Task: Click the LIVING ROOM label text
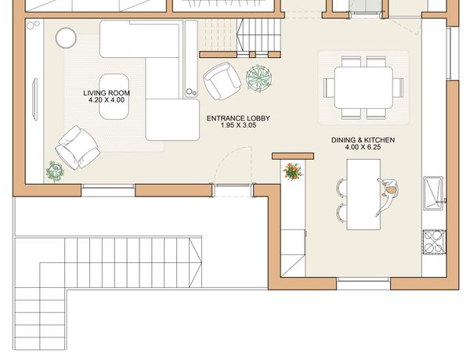pos(107,93)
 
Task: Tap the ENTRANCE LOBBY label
pos(238,118)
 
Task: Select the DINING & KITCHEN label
pos(363,140)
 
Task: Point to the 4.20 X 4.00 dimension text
pos(107,100)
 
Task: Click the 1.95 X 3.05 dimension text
pos(238,125)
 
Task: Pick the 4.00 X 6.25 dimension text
pos(363,147)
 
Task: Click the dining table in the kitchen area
pos(363,88)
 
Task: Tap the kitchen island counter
pos(363,194)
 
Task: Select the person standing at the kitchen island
pos(388,196)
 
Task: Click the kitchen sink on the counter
pos(433,193)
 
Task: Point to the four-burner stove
pos(434,242)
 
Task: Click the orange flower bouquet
pos(293,171)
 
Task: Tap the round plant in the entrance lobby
pos(259,77)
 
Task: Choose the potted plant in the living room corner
pos(55,171)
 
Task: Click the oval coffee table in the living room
pos(114,97)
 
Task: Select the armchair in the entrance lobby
pos(222,81)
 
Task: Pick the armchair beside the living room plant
pos(78,148)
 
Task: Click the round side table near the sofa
pos(66,38)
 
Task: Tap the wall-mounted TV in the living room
pos(35,99)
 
